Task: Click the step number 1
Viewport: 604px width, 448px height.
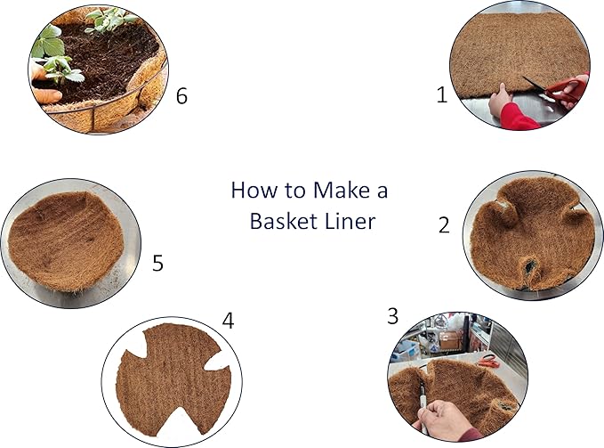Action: [441, 95]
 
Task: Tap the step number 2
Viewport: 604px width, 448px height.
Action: [444, 225]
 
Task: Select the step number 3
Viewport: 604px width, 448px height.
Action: [392, 315]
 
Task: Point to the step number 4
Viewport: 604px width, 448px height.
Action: [229, 322]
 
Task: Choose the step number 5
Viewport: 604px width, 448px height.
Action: [157, 264]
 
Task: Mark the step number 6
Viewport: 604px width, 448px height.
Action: [181, 96]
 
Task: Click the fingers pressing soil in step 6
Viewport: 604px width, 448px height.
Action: [44, 94]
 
